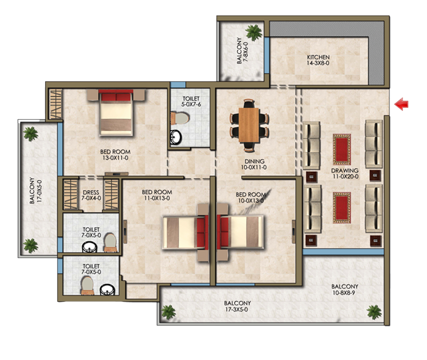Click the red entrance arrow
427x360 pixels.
[401, 104]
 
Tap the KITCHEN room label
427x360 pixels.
[318, 57]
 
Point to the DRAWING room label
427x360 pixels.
[345, 171]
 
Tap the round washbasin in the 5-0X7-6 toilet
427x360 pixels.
[176, 137]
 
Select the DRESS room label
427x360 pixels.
[91, 194]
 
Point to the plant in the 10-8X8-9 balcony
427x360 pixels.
[374, 312]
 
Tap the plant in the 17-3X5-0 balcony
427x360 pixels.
[168, 311]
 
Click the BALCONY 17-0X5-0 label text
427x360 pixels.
[35, 191]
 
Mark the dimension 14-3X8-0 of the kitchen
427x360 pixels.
[318, 64]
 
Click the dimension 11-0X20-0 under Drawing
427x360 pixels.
[345, 177]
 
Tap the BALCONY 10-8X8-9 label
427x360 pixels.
[345, 290]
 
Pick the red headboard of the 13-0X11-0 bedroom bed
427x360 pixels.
[116, 96]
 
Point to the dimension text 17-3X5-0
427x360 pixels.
[237, 310]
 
